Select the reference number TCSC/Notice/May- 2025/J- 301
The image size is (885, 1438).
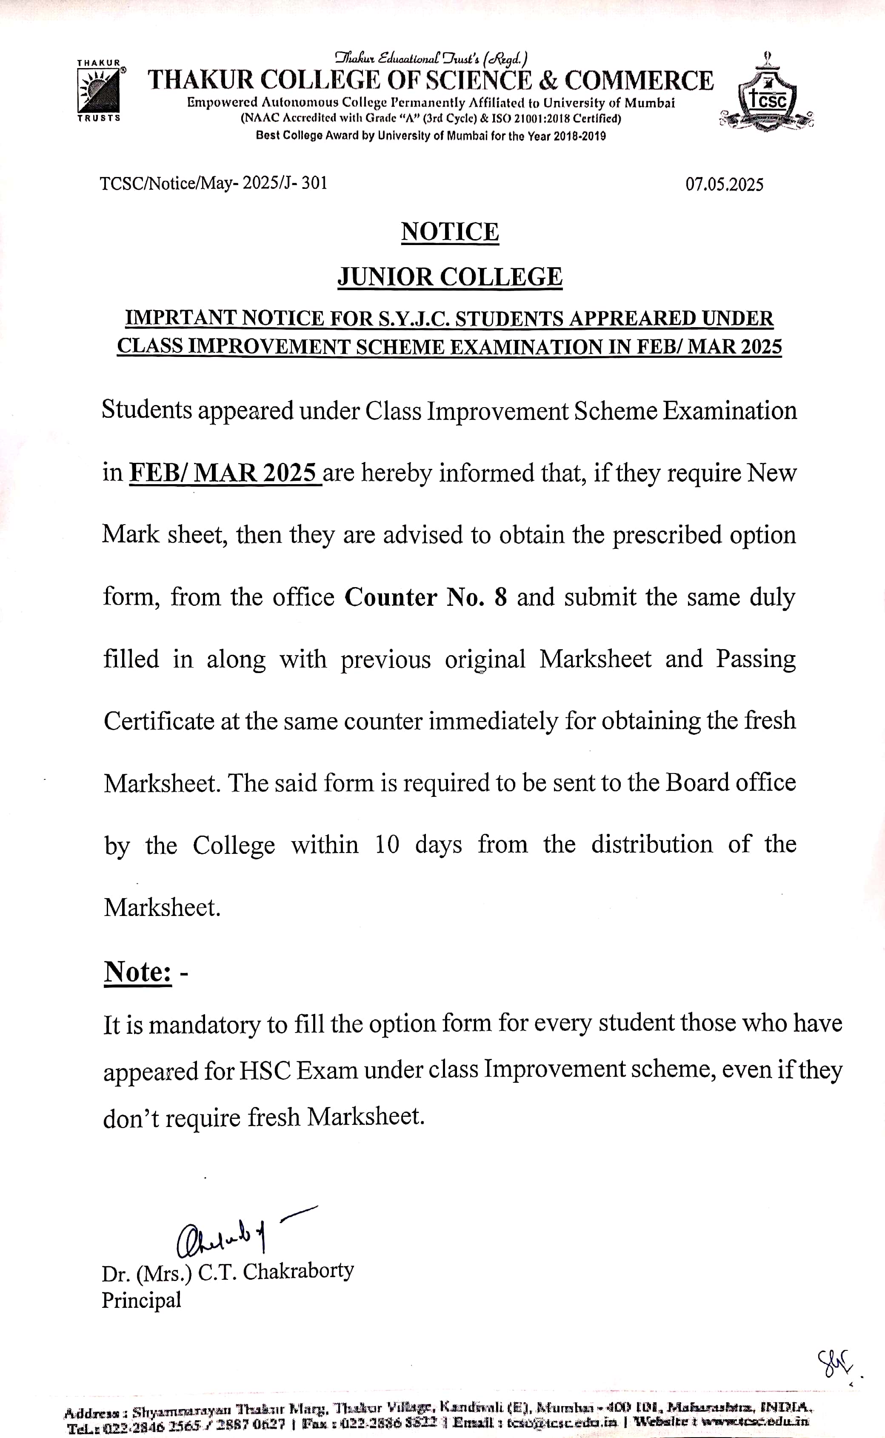(213, 183)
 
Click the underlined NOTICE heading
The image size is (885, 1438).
(450, 232)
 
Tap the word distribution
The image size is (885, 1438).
(651, 845)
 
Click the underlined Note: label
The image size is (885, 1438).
(138, 972)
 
